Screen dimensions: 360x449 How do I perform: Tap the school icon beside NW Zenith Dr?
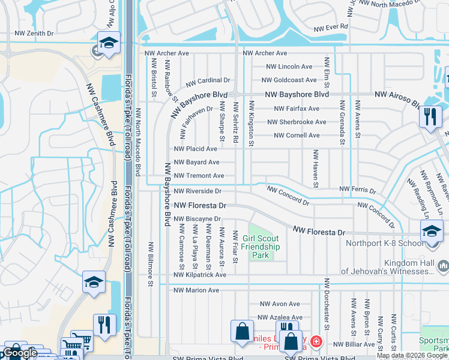[x=109, y=44]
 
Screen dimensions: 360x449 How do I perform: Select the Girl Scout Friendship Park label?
[x=261, y=247]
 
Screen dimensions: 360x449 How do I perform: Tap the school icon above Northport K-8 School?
[x=432, y=232]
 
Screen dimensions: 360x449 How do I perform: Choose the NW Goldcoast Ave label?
[x=289, y=80]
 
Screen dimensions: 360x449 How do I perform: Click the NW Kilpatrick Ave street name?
[x=200, y=275]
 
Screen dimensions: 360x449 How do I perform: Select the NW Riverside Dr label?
[x=197, y=191]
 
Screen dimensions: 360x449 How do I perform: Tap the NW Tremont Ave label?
[x=199, y=176]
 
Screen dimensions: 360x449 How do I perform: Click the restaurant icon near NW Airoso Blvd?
[x=430, y=116]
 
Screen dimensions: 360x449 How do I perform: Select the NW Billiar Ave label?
[x=355, y=344]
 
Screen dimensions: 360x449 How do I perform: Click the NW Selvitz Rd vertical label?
[x=237, y=122]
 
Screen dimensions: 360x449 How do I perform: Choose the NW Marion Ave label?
[x=196, y=290]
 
